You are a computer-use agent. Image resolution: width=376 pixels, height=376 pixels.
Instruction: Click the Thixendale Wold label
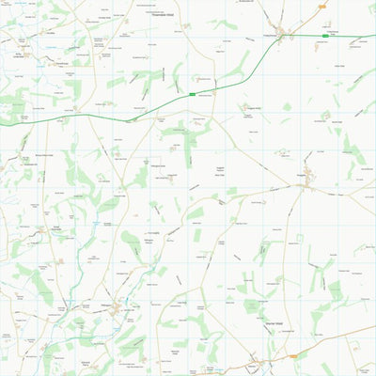169,16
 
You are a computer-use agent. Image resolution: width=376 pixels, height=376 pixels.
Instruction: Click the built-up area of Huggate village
306,171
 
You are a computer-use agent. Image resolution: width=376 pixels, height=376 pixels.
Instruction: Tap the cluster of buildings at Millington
115,309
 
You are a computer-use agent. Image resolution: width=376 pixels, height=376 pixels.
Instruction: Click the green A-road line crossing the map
141,105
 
